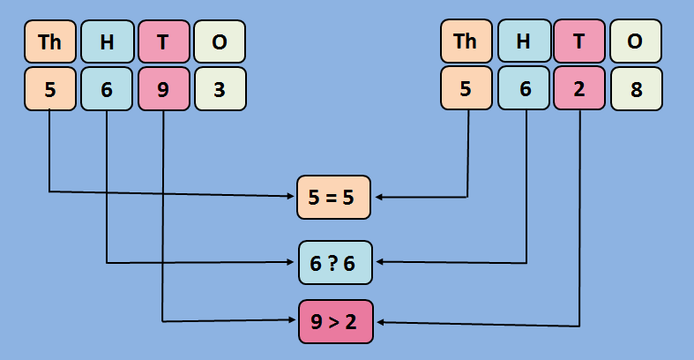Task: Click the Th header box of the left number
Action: (x=50, y=41)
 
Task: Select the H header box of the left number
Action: (x=107, y=41)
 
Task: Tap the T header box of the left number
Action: (x=163, y=41)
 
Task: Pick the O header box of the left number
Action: (x=220, y=41)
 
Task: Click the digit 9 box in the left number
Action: (x=163, y=89)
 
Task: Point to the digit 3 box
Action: (x=220, y=89)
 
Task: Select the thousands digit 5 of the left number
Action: (x=50, y=89)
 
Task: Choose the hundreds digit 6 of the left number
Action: (x=107, y=89)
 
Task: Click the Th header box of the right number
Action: (x=466, y=41)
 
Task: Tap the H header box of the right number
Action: (x=523, y=41)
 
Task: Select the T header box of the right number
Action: (x=579, y=41)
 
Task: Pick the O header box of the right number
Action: (x=635, y=41)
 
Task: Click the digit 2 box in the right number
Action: (x=579, y=89)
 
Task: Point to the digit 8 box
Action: (x=635, y=89)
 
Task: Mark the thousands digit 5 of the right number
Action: (x=466, y=89)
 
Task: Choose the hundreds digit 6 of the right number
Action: (x=523, y=89)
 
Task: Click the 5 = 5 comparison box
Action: (x=334, y=197)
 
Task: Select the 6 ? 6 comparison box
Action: (x=335, y=262)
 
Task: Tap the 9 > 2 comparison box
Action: (x=335, y=321)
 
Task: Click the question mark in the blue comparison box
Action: (x=335, y=263)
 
